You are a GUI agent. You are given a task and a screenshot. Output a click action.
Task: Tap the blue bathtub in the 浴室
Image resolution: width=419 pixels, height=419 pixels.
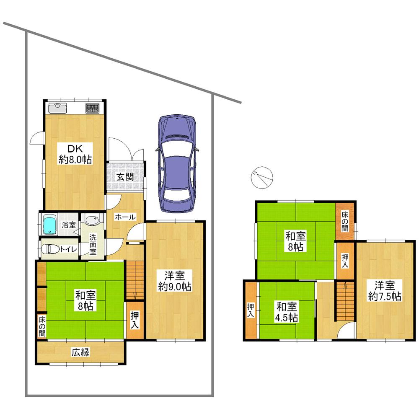pos(49,225)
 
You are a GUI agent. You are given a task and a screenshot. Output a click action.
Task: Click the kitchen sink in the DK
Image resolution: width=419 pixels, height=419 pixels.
pos(57,108)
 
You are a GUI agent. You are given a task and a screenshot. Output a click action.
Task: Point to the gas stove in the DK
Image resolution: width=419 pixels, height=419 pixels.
pos(92,109)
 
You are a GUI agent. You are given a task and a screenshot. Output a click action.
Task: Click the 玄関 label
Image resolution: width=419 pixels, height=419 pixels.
pos(125,176)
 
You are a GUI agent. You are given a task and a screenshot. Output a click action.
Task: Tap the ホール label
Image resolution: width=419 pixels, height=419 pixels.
pos(125,217)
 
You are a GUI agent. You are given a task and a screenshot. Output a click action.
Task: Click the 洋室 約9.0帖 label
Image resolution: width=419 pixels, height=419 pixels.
pos(175,281)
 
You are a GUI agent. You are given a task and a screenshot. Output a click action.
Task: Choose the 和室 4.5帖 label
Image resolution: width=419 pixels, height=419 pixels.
pos(287,312)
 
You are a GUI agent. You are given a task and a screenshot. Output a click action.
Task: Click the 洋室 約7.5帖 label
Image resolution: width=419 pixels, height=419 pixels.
pos(385,291)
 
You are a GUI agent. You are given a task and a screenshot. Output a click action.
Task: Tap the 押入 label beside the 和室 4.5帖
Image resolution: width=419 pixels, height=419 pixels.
pos(250,310)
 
